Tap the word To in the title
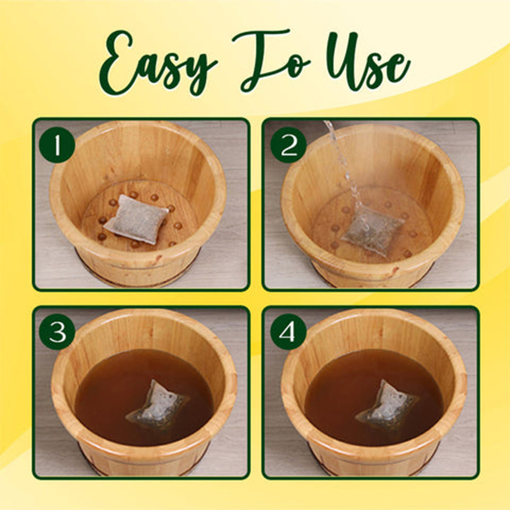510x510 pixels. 271,61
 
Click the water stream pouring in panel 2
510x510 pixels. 340,159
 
